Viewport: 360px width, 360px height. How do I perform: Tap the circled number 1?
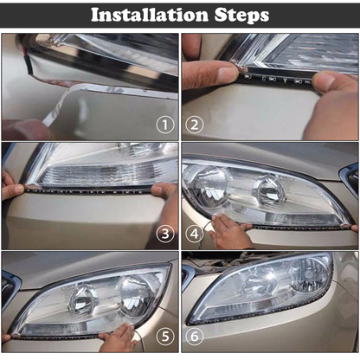pyautogui.click(x=165, y=125)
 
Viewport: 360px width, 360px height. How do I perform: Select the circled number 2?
pyautogui.click(x=195, y=125)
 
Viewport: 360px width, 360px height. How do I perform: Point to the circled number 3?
pyautogui.click(x=165, y=233)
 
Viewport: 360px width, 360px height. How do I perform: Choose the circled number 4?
pyautogui.click(x=195, y=233)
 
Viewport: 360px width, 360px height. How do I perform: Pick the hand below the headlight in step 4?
pyautogui.click(x=229, y=233)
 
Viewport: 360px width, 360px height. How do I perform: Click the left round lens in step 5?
pyautogui.click(x=83, y=299)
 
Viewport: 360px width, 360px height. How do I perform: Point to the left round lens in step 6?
pyautogui.click(x=257, y=282)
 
